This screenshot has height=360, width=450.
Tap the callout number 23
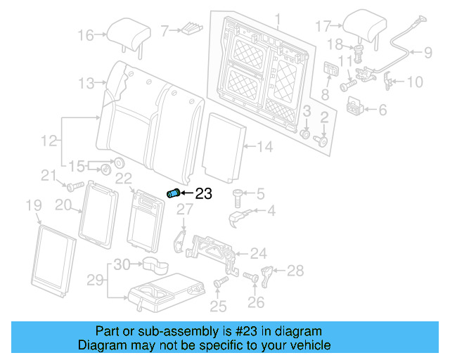[x=202, y=195]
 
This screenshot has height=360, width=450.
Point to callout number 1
[x=277, y=19]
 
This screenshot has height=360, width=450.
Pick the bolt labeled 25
[x=219, y=283]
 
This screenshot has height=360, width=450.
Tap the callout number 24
[x=259, y=253]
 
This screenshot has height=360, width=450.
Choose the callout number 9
[x=427, y=51]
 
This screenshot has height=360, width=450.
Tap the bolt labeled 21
[x=70, y=186]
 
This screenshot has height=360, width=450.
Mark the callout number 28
[x=295, y=270]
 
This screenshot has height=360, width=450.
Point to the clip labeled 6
[x=356, y=107]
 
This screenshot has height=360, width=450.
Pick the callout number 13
[x=86, y=84]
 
